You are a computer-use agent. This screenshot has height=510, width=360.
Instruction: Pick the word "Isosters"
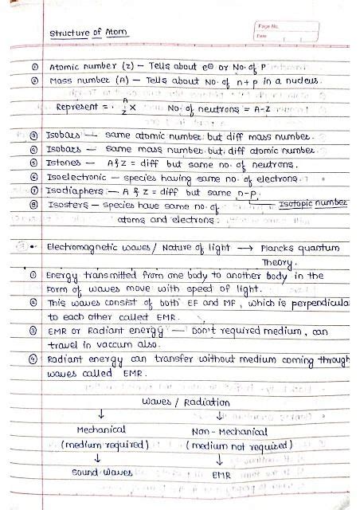[x=66, y=204]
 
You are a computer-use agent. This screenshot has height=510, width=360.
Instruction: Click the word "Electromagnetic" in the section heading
[x=85, y=248]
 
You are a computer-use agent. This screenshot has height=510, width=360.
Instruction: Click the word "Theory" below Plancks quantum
[x=279, y=261]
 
